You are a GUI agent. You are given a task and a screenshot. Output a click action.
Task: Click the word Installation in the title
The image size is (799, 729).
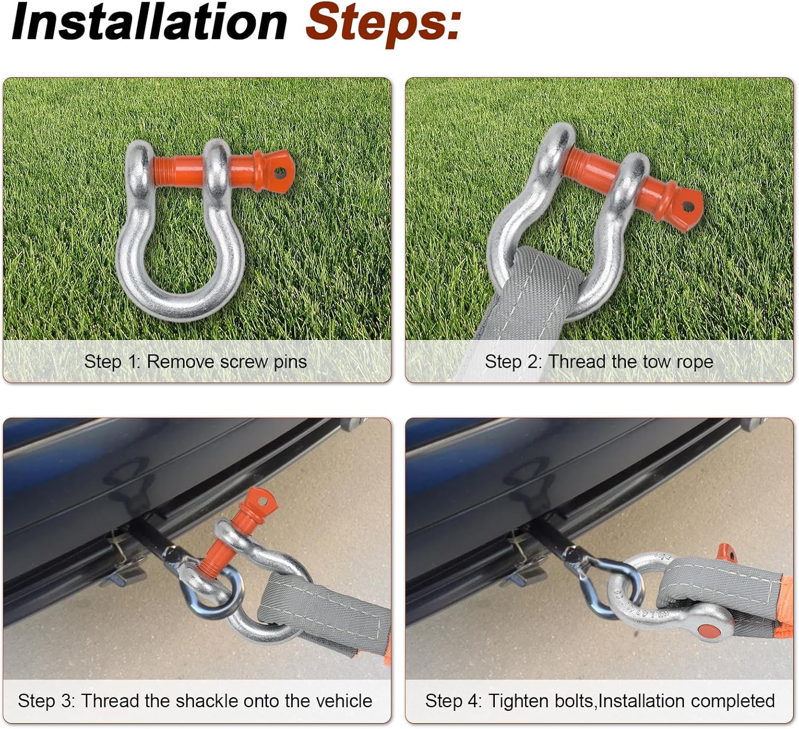(x=149, y=22)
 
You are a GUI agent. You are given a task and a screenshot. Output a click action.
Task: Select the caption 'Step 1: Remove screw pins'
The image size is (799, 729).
(x=195, y=362)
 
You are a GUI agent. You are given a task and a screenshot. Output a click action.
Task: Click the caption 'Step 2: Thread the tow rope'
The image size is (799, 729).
(x=599, y=362)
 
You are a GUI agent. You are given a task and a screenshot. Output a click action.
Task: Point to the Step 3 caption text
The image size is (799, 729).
(x=195, y=701)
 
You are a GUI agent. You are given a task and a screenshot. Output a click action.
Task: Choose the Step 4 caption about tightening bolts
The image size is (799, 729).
(x=600, y=701)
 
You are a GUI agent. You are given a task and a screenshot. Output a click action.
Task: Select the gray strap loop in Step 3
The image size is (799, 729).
(x=320, y=607)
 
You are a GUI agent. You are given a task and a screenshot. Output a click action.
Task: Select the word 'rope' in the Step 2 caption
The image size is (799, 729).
(x=695, y=362)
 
